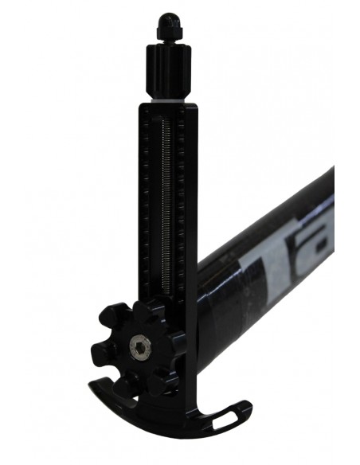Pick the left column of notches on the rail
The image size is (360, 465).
click(x=149, y=199)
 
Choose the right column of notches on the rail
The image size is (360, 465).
click(x=183, y=199)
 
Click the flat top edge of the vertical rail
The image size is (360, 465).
click(x=166, y=107)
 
